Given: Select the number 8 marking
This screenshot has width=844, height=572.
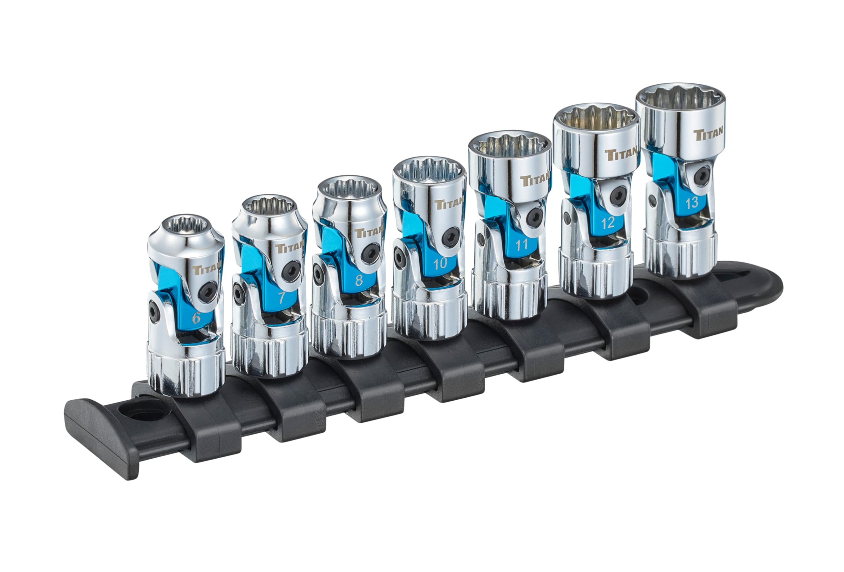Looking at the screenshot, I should coord(359,280).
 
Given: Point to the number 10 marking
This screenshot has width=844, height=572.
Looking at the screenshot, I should coord(440,263).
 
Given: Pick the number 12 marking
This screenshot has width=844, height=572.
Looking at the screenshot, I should coord(608,222).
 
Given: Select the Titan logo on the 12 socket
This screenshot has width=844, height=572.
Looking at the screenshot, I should coord(621,154).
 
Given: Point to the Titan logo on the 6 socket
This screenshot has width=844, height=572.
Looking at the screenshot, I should coord(207,270).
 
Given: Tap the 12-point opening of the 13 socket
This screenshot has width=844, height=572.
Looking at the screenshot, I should coord(680,97).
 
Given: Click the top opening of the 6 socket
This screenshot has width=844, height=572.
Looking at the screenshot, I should coord(185,228).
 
